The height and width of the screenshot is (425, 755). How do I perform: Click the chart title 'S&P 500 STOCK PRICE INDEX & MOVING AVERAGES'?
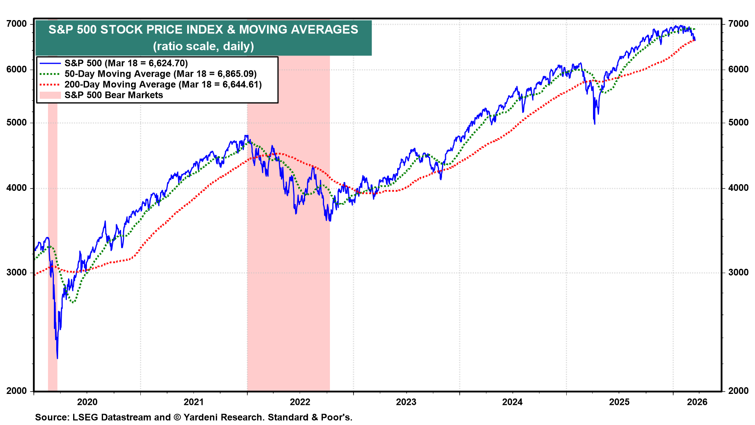click(x=203, y=30)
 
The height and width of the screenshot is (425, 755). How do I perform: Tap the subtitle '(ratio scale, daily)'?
click(x=203, y=46)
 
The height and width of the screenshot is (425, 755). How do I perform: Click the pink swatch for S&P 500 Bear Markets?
click(x=50, y=95)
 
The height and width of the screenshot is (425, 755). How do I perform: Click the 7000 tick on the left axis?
click(x=17, y=24)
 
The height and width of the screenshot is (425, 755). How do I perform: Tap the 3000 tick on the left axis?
click(x=17, y=272)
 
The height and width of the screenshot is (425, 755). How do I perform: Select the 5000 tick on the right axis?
click(x=738, y=122)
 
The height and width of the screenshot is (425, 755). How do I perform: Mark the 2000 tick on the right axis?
click(x=738, y=391)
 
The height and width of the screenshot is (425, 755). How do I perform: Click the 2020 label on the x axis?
click(x=87, y=402)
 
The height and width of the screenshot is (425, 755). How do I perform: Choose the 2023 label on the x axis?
click(x=406, y=402)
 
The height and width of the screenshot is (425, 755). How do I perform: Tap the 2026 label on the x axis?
click(x=697, y=402)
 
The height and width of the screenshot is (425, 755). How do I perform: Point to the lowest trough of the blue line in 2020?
click(x=57, y=358)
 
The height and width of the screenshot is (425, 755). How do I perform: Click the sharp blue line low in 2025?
click(x=595, y=124)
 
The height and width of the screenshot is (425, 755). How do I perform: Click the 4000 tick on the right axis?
click(x=738, y=188)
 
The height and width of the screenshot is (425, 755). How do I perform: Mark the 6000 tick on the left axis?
click(x=17, y=69)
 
